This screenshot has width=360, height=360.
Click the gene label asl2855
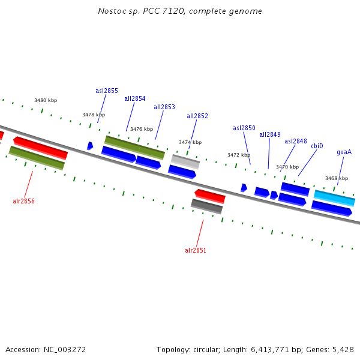[107, 91]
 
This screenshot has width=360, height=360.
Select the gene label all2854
[135, 98]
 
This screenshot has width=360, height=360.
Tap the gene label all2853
[164, 107]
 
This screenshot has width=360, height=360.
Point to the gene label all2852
[197, 116]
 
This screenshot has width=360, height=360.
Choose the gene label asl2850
[244, 128]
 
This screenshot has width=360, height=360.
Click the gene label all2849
[270, 134]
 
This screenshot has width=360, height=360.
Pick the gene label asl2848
[296, 141]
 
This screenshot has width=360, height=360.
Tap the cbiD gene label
[317, 146]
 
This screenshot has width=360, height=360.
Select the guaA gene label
[344, 152]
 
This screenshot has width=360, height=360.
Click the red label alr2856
[23, 201]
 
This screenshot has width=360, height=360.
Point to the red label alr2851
[196, 250]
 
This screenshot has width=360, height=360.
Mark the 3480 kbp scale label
[46, 100]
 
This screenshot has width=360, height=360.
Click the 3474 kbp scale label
[190, 142]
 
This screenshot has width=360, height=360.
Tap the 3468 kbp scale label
[337, 178]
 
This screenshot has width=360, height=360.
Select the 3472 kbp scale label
[239, 155]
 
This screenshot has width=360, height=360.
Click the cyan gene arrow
[334, 198]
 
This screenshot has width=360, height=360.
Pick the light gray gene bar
[185, 161]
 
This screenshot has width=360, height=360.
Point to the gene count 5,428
[342, 349]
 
